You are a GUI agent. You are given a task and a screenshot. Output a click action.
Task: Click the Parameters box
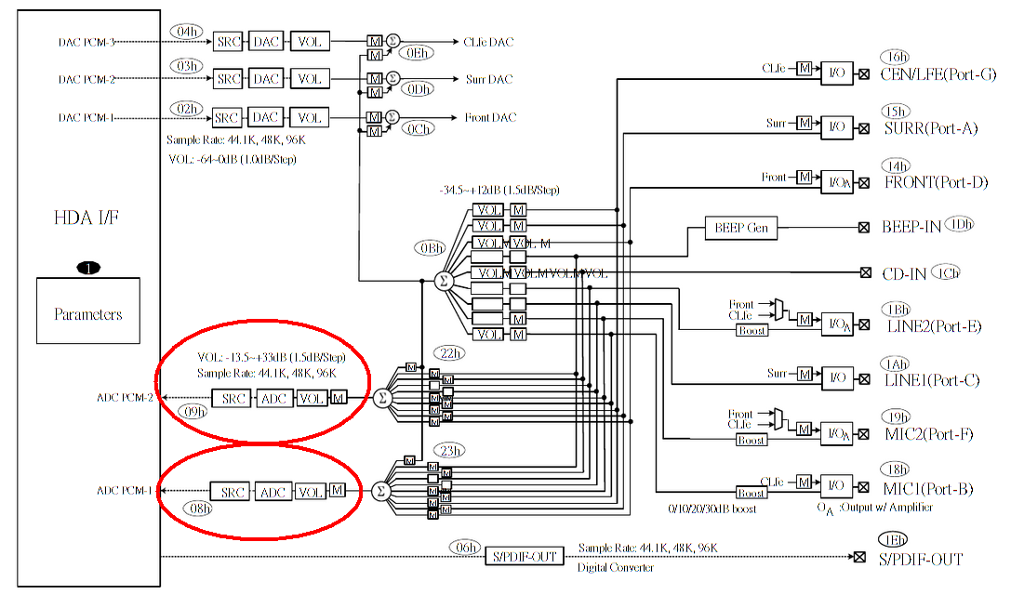tap(88, 312)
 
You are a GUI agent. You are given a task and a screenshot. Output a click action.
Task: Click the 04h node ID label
tap(187, 31)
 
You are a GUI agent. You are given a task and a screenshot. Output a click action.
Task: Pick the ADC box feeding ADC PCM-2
tap(274, 398)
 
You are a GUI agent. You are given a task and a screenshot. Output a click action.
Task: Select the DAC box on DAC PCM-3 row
tap(267, 42)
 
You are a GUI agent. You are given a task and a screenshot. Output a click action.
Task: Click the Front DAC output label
tap(490, 118)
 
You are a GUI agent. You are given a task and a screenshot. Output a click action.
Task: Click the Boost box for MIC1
tap(751, 493)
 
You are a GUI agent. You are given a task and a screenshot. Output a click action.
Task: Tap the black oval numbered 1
tap(89, 269)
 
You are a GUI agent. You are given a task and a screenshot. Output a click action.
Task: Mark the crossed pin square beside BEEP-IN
tap(863, 227)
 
